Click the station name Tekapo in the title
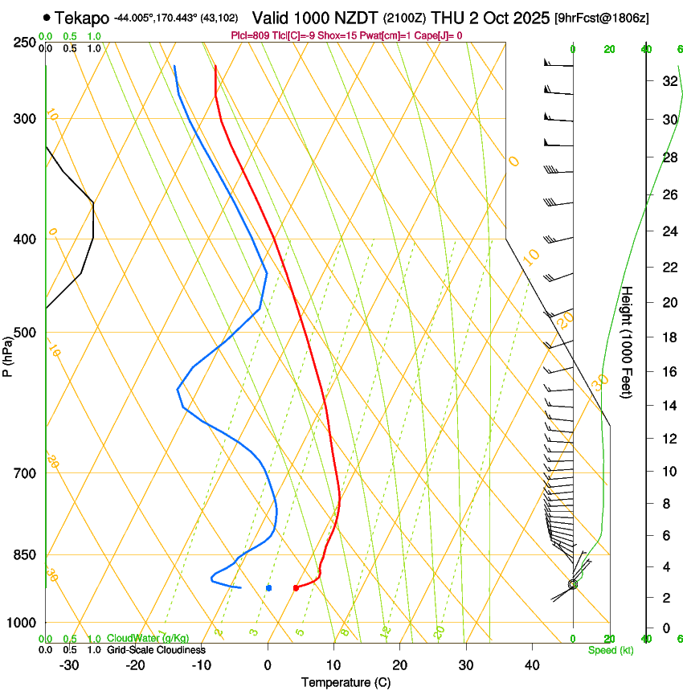pos(83,18)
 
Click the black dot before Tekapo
pos(47,18)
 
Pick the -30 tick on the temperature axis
pos(69,664)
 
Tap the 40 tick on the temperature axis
pos(531,664)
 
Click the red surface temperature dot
pos(297,588)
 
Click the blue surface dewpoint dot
pos(268,588)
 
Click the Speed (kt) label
pos(611,650)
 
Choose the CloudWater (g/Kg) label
pos(148,639)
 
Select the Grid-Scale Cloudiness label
pos(156,649)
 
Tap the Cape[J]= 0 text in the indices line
pos(439,35)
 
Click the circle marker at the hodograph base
pos(573,584)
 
